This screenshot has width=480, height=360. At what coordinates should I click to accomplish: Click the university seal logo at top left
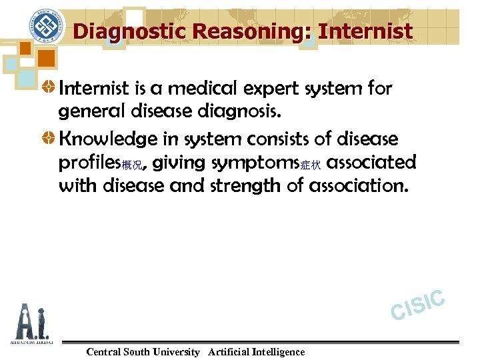pos(46,29)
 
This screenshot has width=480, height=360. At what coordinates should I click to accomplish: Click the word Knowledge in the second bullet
pos(110,140)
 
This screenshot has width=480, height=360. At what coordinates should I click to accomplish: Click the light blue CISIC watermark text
pos(418,304)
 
